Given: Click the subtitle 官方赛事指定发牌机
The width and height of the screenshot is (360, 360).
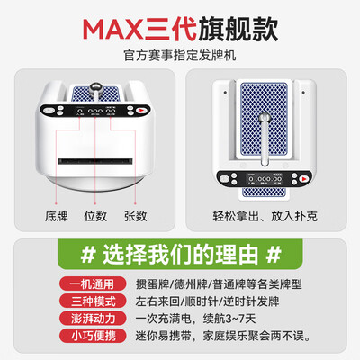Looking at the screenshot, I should point(180,56).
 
